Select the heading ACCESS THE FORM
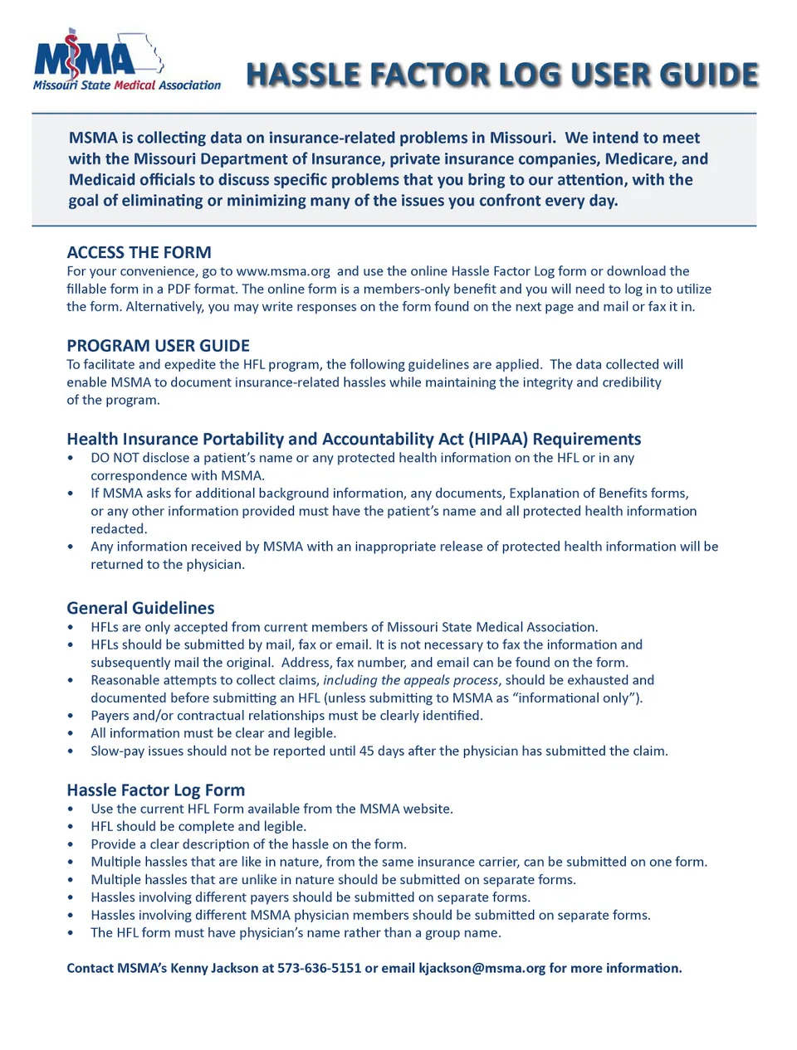point(139,252)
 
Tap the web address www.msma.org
point(283,271)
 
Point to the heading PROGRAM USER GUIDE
point(158,346)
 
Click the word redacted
point(119,529)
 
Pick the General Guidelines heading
point(140,608)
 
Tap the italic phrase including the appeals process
point(410,680)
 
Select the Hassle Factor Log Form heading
point(155,790)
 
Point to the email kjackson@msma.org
point(482,968)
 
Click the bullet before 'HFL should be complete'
point(71,827)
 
